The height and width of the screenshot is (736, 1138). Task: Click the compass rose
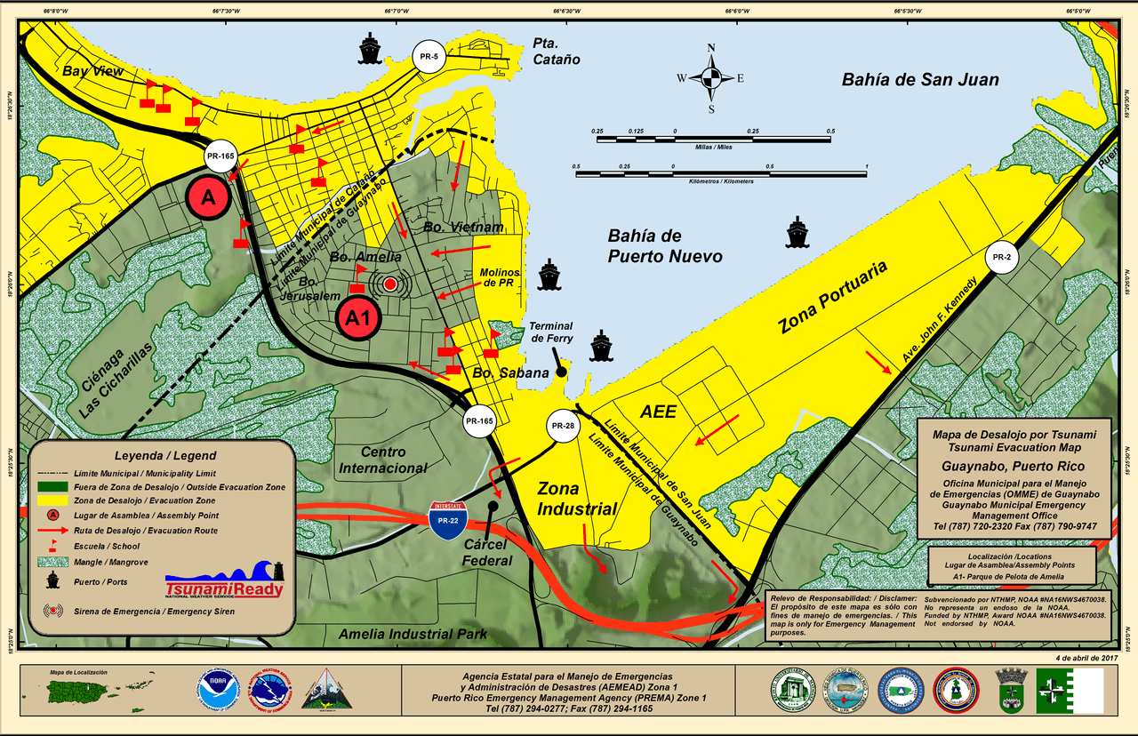(x=711, y=78)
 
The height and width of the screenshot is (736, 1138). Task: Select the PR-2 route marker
(x=1001, y=258)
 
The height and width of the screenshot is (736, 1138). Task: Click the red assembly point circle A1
(x=358, y=317)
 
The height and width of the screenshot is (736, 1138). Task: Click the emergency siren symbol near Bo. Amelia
(x=389, y=284)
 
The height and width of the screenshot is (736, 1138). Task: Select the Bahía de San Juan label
(x=920, y=80)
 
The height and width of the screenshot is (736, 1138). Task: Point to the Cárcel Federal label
(x=487, y=553)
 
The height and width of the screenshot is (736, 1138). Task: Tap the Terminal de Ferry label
(x=551, y=332)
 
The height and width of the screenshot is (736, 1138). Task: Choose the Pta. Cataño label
(x=557, y=52)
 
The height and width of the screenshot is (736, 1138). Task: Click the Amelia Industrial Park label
(x=413, y=634)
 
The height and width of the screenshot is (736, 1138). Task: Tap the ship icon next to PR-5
(x=368, y=48)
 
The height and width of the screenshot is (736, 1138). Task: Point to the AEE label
(x=659, y=412)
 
